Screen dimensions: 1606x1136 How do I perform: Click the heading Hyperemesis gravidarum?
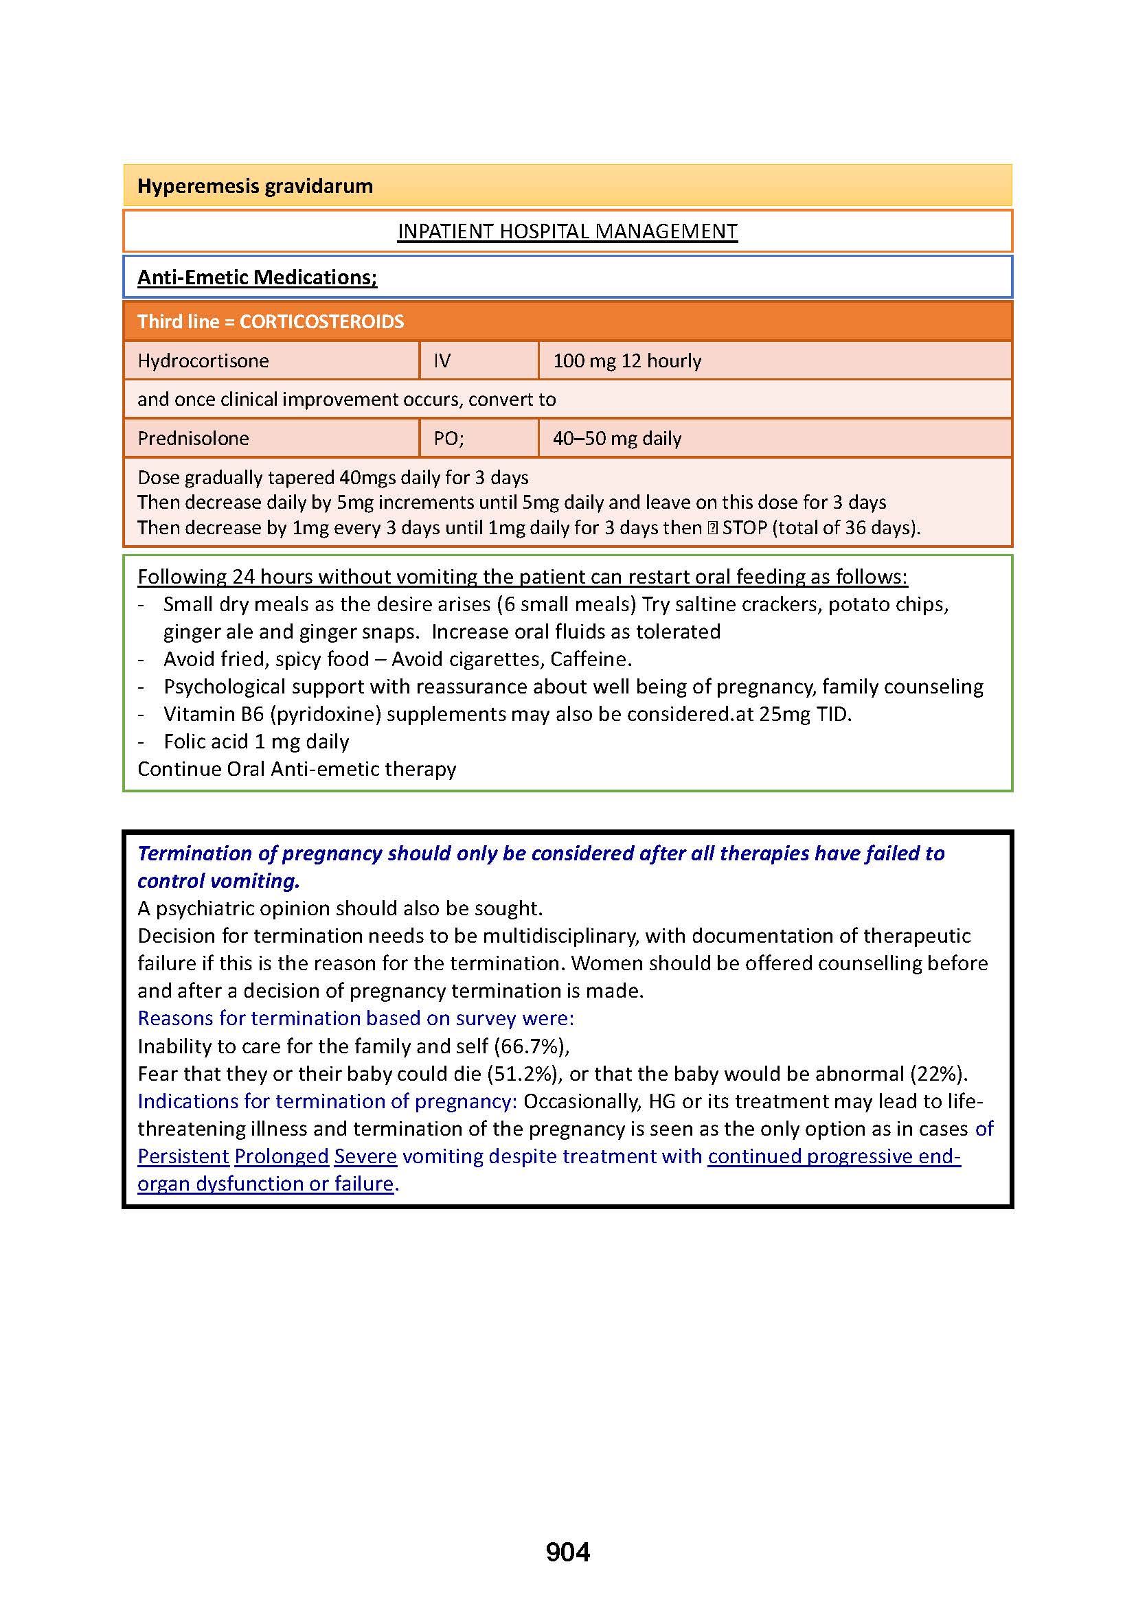click(x=255, y=186)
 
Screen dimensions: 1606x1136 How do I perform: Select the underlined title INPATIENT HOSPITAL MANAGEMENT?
click(x=567, y=231)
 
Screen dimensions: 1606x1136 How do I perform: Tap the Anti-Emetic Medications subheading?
click(x=257, y=277)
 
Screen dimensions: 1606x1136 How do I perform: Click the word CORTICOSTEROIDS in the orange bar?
click(x=321, y=322)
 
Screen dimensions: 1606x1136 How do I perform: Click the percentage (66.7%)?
click(x=531, y=1046)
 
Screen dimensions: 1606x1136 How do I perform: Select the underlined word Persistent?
click(x=183, y=1156)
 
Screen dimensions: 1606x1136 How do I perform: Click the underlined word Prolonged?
click(x=281, y=1156)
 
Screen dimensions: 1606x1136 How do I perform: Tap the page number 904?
click(x=567, y=1552)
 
